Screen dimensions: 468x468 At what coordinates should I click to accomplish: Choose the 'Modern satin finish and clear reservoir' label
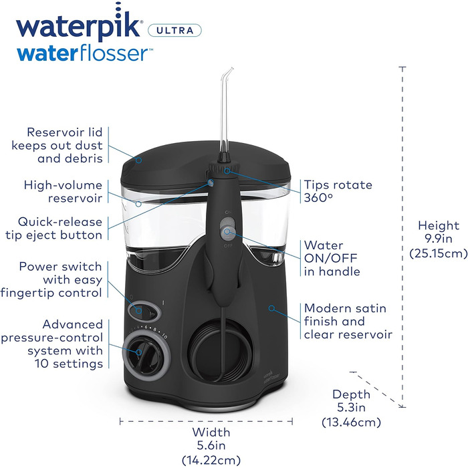click(348, 321)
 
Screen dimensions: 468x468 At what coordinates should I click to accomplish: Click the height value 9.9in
click(439, 239)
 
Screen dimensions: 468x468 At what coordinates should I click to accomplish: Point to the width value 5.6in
click(207, 445)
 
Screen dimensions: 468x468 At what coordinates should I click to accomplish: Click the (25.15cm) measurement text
click(439, 253)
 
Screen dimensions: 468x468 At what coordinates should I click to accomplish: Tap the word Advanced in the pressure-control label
click(76, 324)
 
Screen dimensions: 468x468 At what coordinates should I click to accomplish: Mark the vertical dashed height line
click(403, 201)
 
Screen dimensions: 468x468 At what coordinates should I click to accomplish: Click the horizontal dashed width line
click(207, 421)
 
